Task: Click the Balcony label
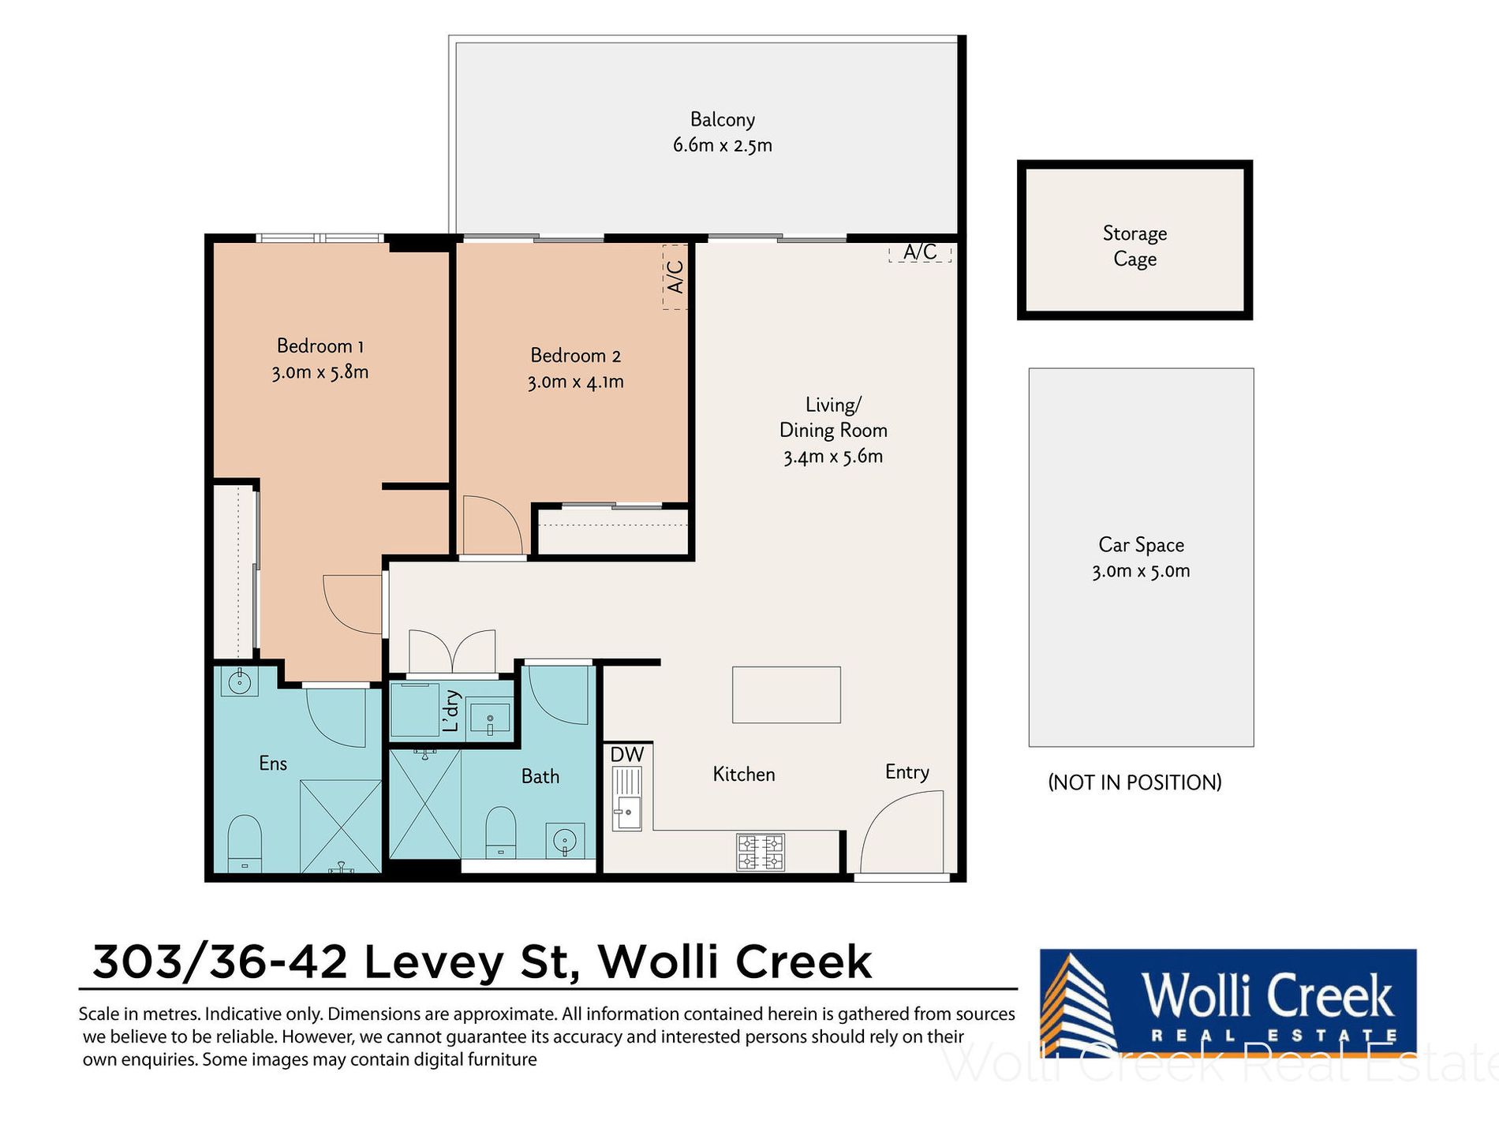pos(722,119)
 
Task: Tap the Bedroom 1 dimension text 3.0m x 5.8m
pos(320,372)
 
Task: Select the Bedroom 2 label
pos(575,355)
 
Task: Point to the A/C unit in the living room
pos(920,252)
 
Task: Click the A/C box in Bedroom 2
pos(675,277)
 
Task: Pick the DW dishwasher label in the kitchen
pos(627,754)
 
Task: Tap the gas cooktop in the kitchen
pos(761,852)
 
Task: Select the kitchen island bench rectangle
pos(786,695)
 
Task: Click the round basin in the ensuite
pos(239,681)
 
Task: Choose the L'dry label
pos(450,711)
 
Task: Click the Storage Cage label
pos(1135,246)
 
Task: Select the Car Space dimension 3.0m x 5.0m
pos(1141,570)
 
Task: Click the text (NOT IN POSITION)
pos(1135,782)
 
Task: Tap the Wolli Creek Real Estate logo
pos(1228,1003)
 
